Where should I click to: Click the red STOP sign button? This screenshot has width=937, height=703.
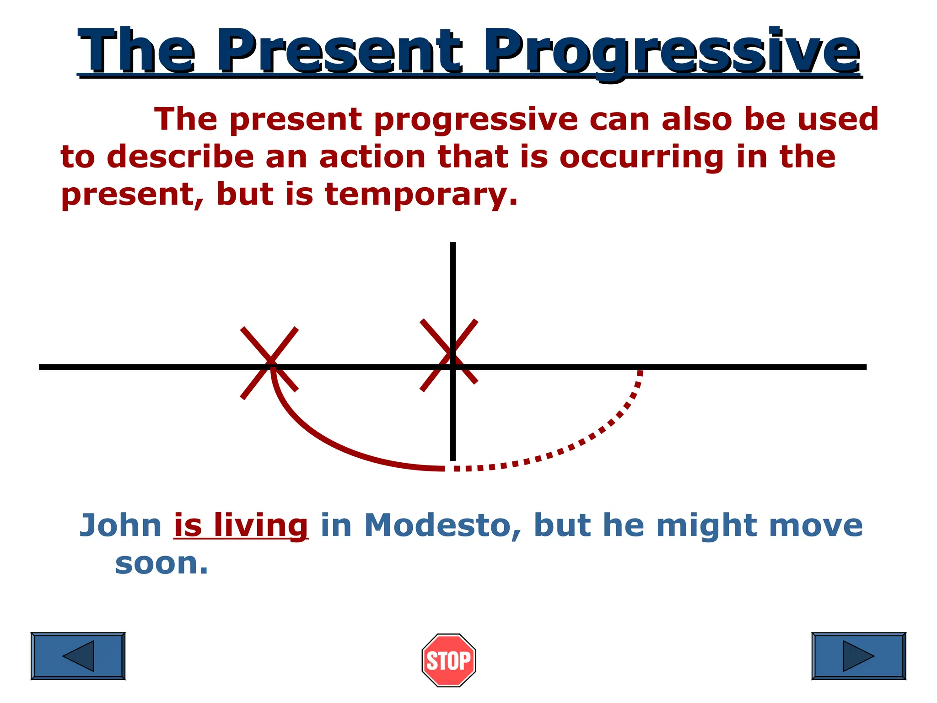449,660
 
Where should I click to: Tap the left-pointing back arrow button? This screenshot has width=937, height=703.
78,656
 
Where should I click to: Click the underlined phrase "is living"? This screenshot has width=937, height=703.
241,525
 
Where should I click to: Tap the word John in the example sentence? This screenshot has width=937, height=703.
121,525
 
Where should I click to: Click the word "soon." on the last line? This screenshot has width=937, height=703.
162,563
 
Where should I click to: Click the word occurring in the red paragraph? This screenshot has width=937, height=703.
642,157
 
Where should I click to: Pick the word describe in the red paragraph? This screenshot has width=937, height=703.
180,157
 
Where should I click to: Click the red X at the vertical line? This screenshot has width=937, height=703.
449,355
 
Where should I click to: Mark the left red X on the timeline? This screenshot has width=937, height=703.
269,362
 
